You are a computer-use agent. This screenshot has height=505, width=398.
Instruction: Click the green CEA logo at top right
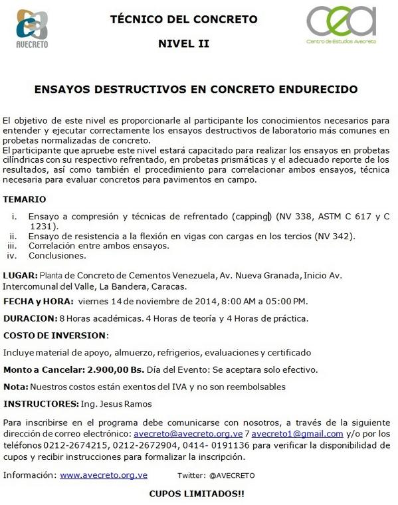(341, 26)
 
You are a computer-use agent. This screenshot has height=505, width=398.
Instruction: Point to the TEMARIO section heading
(25, 199)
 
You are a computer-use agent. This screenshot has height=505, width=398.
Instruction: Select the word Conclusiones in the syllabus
(57, 254)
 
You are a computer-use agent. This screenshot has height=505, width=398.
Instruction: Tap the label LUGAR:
(20, 275)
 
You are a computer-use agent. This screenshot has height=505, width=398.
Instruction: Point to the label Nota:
(16, 386)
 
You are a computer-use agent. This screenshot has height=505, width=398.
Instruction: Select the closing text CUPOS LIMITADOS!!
(197, 494)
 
